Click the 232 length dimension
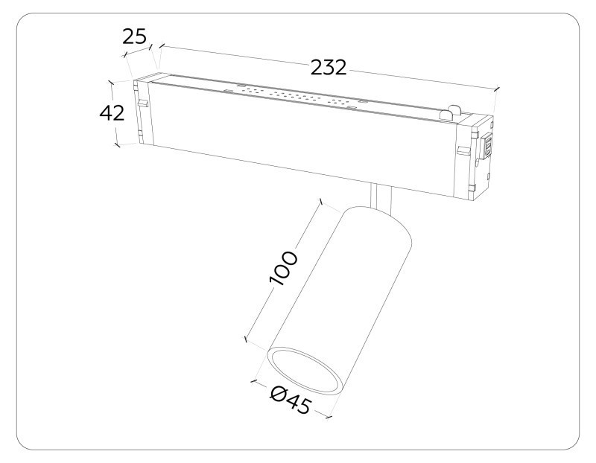tap(329, 68)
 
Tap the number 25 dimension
tap(135, 36)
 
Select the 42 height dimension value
tap(112, 114)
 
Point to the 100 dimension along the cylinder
tap(283, 269)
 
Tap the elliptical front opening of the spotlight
tap(306, 370)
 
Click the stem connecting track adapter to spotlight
tap(380, 198)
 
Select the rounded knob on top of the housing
tap(448, 112)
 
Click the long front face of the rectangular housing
tap(298, 141)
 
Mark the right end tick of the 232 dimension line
tap(495, 90)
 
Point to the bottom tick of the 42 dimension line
tap(117, 144)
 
